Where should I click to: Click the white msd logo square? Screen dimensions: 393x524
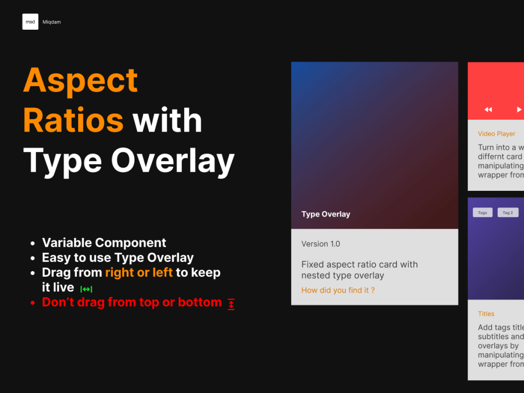[30, 22]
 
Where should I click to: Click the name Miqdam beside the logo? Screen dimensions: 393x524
[52, 22]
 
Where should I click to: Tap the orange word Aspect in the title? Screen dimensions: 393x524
[81, 80]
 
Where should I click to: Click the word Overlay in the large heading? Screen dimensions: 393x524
[172, 161]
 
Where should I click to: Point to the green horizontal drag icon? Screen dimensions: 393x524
[86, 289]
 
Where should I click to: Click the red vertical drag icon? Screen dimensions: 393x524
[231, 304]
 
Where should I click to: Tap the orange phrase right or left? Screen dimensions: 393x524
[139, 272]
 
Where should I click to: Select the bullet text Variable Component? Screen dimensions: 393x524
[104, 243]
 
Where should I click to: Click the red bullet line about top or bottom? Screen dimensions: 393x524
[132, 302]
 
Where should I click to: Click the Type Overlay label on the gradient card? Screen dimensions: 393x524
[326, 214]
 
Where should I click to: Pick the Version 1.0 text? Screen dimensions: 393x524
[321, 244]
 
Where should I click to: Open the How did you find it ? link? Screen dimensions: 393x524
[338, 290]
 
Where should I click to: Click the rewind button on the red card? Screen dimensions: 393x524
[488, 110]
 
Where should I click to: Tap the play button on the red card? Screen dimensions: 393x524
[519, 110]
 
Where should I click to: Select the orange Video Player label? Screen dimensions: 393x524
[496, 134]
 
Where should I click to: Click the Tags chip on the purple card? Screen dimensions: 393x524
[483, 212]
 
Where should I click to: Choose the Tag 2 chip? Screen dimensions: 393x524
[508, 212]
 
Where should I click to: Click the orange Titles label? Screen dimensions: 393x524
[486, 314]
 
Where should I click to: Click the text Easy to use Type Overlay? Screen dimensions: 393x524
[118, 257]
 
